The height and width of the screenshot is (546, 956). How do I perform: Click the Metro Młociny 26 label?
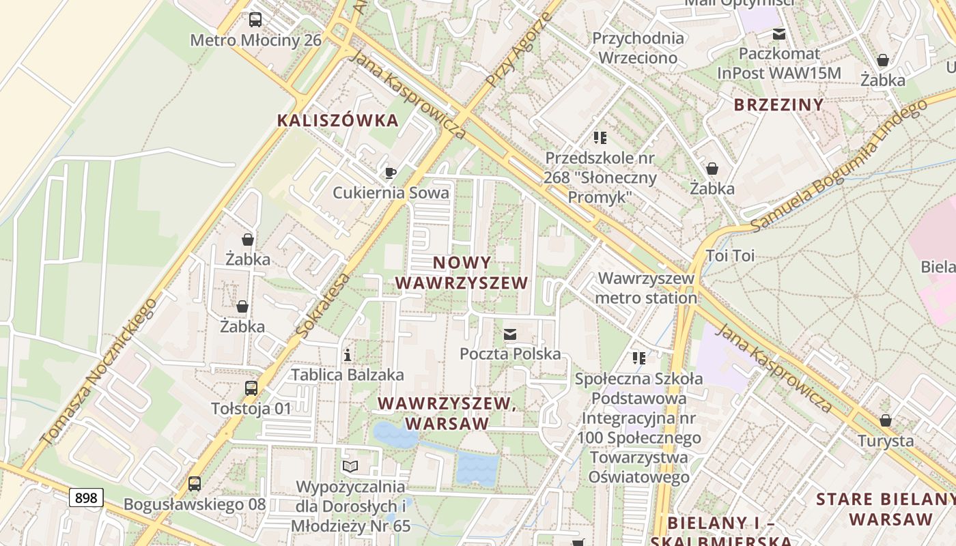click(255, 40)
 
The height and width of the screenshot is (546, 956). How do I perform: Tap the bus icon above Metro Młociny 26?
click(255, 20)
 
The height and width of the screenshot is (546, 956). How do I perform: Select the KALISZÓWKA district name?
click(337, 120)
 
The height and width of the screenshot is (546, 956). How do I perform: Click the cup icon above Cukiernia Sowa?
click(391, 173)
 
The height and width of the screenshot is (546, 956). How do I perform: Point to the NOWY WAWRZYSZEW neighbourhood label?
click(462, 272)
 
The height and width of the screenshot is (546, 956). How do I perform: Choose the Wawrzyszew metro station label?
click(646, 288)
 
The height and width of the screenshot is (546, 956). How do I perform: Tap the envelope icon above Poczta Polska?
click(510, 334)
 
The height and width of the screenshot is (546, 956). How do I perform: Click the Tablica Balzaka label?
click(348, 375)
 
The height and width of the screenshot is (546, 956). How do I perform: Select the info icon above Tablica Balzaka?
click(348, 355)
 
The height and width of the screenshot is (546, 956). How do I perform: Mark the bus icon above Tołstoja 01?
click(251, 388)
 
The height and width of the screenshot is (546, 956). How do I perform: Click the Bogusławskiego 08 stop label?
click(195, 504)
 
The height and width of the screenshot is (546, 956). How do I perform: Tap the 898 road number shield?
click(86, 498)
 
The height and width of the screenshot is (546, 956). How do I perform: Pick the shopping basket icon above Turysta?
click(886, 420)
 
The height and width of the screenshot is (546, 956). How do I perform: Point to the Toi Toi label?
click(730, 256)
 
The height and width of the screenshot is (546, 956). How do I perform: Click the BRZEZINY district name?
click(778, 104)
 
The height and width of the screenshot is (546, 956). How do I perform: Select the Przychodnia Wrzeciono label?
click(638, 48)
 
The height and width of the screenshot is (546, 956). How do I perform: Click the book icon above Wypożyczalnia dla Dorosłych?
click(350, 466)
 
